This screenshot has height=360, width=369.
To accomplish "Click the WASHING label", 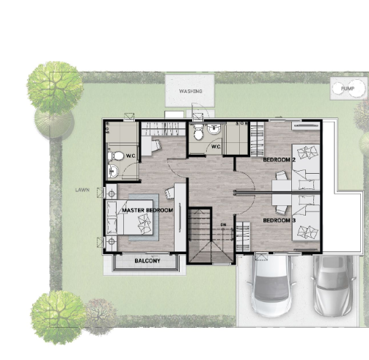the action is (191, 91).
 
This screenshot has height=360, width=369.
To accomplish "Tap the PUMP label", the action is (348, 89).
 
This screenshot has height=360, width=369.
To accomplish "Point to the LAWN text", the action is (82, 190).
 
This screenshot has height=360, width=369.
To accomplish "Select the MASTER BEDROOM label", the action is (147, 210).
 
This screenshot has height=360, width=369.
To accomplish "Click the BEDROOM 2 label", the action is (280, 160).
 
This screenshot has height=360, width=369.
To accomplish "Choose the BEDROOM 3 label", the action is (280, 221).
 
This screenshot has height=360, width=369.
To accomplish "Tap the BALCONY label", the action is (147, 261).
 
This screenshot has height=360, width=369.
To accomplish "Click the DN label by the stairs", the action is (224, 224).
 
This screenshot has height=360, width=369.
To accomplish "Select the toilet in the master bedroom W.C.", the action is (116, 156).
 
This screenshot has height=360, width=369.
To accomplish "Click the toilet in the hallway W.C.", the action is (198, 132).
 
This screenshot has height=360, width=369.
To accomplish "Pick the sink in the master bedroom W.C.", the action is (113, 171).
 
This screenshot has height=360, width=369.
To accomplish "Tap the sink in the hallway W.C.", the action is (214, 129).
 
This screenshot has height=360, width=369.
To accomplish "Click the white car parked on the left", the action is (271, 286).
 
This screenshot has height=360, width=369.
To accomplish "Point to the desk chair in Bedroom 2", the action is (282, 176).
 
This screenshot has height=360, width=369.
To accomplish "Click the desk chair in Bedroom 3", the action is (281, 210).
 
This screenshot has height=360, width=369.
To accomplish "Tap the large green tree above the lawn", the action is (55, 87).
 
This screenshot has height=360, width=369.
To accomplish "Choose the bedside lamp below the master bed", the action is (112, 242).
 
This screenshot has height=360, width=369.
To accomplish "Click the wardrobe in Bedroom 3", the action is (243, 237).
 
